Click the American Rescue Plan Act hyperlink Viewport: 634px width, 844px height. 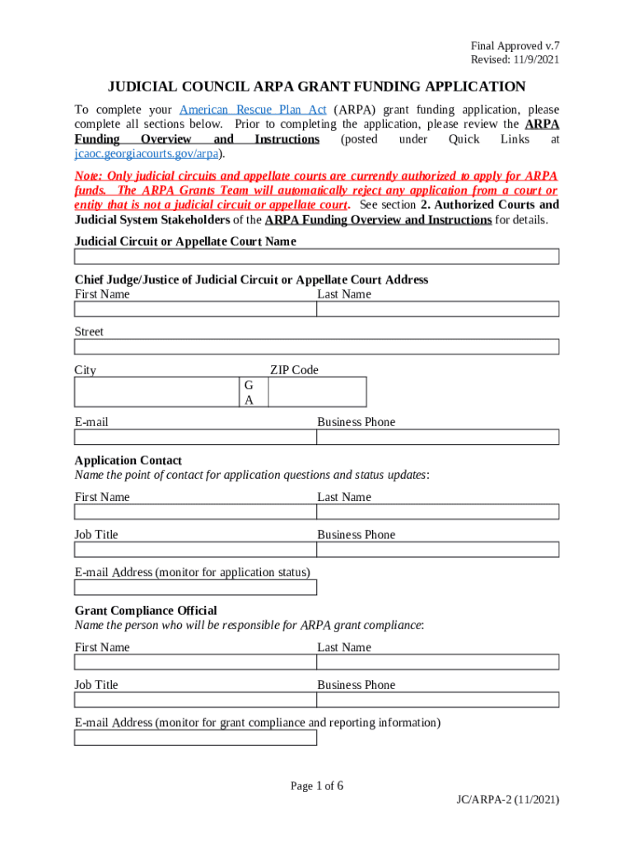253,110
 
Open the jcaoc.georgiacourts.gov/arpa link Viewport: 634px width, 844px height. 148,154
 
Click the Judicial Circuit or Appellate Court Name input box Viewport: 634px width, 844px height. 317,256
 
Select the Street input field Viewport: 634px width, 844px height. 317,347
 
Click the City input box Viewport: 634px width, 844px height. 156,392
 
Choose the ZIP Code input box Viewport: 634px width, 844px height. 317,392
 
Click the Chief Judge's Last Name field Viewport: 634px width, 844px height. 438,309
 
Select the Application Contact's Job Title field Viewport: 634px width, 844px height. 195,550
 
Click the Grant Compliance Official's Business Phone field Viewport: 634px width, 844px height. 438,700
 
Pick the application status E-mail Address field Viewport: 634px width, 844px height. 195,588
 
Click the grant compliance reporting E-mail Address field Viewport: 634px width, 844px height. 195,738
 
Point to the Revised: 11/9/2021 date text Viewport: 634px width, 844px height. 515,60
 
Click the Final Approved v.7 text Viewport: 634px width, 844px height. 515,46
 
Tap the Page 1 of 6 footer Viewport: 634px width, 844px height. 317,785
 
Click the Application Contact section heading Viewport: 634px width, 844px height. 128,460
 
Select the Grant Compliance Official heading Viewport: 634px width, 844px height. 146,610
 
